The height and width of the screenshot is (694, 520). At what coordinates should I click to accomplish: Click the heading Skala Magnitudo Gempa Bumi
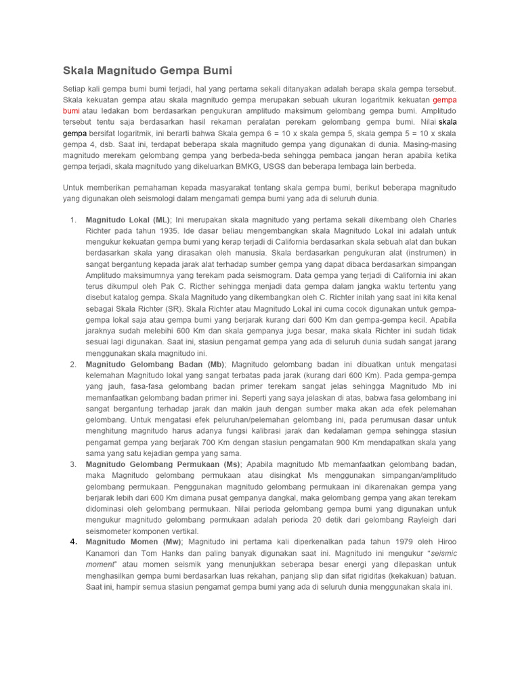click(x=147, y=70)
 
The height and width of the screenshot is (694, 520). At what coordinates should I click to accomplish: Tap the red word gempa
click(x=445, y=100)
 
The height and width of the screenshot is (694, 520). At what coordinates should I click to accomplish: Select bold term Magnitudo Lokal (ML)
click(x=128, y=220)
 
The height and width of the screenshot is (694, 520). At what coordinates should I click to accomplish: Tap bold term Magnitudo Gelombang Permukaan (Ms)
click(x=163, y=464)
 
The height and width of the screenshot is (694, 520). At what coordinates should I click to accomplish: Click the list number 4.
click(x=72, y=542)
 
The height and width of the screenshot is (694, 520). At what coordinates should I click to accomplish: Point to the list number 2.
click(x=72, y=364)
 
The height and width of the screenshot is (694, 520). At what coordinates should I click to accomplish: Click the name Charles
click(x=439, y=220)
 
